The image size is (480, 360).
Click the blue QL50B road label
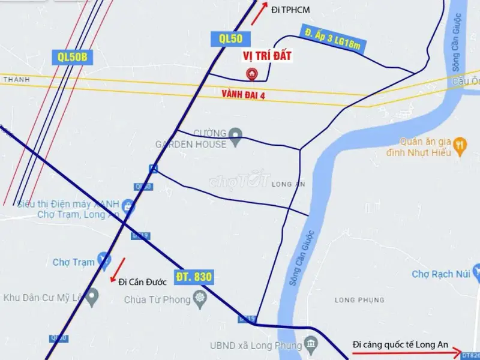tap(73, 57)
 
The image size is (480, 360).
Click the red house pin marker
tap(253, 74)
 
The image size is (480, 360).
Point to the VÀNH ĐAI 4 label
tap(243, 94)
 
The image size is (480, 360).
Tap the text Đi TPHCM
tap(291, 10)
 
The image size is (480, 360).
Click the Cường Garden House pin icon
tap(236, 137)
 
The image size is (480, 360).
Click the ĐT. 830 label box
tap(194, 278)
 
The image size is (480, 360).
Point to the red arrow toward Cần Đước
tap(118, 269)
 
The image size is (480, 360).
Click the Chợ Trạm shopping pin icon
tap(104, 260)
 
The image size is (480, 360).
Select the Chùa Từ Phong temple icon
tap(200, 299)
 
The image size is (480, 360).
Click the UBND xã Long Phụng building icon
tap(311, 344)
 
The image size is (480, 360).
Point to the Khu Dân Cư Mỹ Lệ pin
tap(92, 297)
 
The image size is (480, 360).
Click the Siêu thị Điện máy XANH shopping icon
tap(128, 208)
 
